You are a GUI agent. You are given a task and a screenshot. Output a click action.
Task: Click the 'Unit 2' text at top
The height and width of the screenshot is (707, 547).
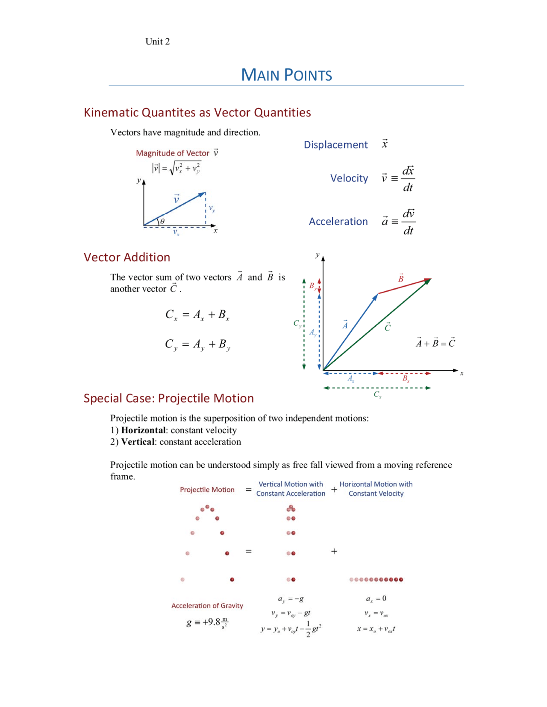pyautogui.click(x=157, y=41)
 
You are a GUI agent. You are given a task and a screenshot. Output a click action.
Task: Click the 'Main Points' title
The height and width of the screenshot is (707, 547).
pyautogui.click(x=286, y=75)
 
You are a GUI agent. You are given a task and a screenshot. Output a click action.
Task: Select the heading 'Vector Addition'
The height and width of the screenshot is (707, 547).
pyautogui.click(x=127, y=257)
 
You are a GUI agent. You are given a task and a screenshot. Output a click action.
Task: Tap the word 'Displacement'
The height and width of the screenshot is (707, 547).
pyautogui.click(x=335, y=145)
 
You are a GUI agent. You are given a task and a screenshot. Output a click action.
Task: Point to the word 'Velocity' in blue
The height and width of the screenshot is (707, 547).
pyautogui.click(x=349, y=178)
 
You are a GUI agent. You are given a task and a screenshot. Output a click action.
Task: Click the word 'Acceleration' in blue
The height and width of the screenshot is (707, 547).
pyautogui.click(x=338, y=222)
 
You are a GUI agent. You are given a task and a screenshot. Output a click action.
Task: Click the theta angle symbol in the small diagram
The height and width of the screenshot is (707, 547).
pyautogui.click(x=162, y=221)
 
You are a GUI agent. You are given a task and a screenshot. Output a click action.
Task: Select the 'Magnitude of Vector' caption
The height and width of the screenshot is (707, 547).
pyautogui.click(x=173, y=153)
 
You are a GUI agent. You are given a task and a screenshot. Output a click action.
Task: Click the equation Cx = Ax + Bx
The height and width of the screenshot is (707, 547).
pyautogui.click(x=197, y=315)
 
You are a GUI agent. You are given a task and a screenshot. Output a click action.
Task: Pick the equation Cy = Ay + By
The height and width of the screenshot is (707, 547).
pyautogui.click(x=197, y=345)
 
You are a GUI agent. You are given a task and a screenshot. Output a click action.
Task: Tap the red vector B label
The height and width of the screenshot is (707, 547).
pyautogui.click(x=401, y=278)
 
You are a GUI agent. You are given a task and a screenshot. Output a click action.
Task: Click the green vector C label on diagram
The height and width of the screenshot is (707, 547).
pyautogui.click(x=387, y=327)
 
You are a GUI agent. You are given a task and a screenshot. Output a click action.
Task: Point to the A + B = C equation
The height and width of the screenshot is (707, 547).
pyautogui.click(x=435, y=343)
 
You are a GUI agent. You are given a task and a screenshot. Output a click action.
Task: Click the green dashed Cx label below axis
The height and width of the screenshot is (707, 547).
pyautogui.click(x=377, y=394)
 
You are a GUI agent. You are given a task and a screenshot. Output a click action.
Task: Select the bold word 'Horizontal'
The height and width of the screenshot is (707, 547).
pyautogui.click(x=143, y=430)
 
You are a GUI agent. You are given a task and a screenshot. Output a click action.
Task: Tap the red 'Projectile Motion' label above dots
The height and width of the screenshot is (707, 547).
pyautogui.click(x=207, y=490)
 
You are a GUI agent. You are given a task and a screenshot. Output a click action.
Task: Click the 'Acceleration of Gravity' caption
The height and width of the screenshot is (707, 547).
pyautogui.click(x=207, y=606)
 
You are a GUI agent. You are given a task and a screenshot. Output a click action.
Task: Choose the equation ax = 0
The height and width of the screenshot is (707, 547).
pyautogui.click(x=376, y=599)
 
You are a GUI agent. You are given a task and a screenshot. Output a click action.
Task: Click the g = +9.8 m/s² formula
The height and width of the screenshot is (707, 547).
pyautogui.click(x=207, y=622)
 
